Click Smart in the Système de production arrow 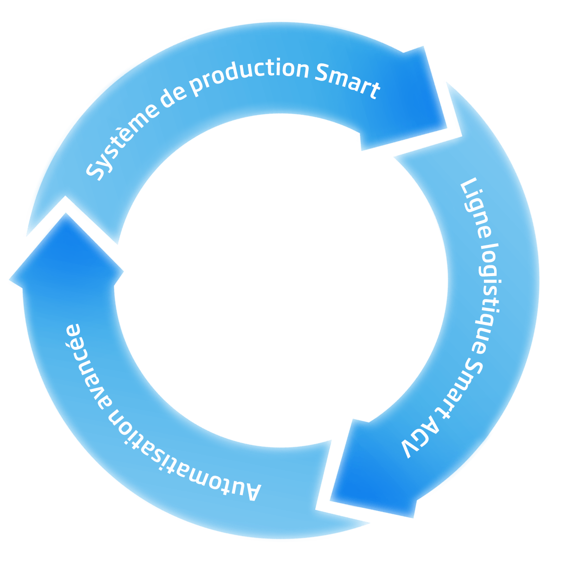pyautogui.click(x=347, y=80)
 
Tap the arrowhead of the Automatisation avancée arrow pyautogui.click(x=66, y=254)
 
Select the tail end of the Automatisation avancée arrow pyautogui.click(x=341, y=517)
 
